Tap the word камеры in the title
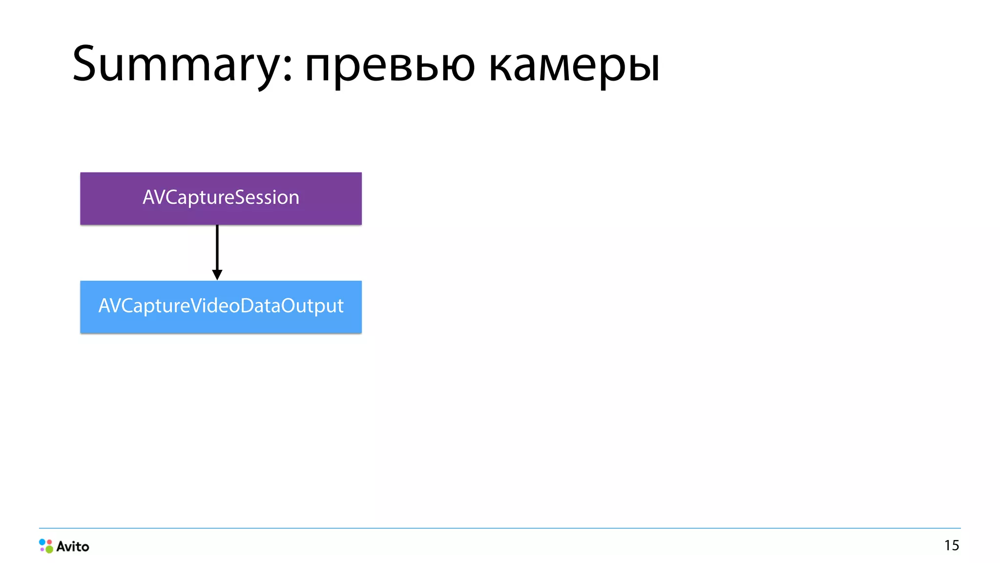[574, 66]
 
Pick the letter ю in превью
[458, 66]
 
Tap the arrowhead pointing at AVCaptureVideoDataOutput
[217, 274]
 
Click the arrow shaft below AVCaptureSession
[217, 247]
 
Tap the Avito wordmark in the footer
[73, 546]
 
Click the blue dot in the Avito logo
[42, 542]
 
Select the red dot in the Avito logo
[49, 542]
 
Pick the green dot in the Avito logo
[49, 549]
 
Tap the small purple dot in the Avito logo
[42, 549]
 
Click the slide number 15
[951, 545]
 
